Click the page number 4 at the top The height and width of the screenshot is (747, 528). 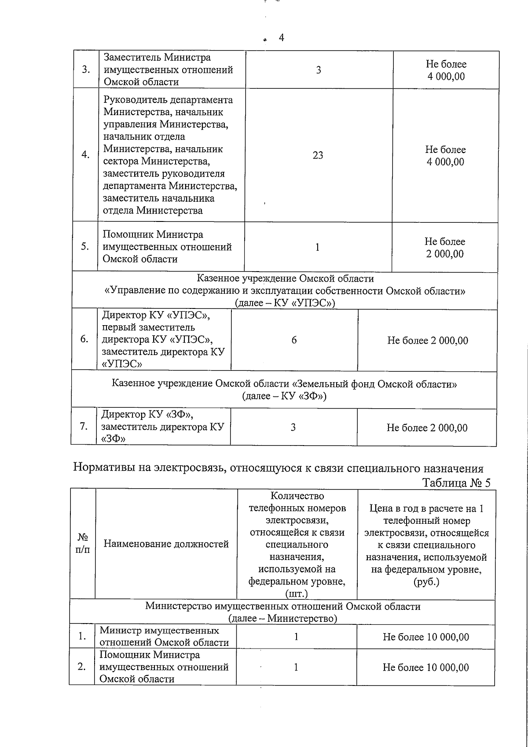pos(281,38)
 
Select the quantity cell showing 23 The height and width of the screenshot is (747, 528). pos(318,155)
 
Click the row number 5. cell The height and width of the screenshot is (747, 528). pos(85,247)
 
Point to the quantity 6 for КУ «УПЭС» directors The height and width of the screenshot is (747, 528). pos(294,340)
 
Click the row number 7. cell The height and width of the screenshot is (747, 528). pos(84,426)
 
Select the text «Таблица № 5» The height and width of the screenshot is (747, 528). pos(456,483)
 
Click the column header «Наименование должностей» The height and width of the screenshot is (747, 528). pos(166,544)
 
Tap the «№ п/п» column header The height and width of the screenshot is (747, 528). pos(83,544)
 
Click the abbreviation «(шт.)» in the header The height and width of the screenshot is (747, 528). pos(297,594)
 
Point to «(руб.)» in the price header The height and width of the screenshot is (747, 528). pos(426,582)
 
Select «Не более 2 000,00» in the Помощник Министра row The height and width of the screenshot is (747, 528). pos(444,248)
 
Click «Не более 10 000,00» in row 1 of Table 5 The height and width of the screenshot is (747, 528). pos(425,637)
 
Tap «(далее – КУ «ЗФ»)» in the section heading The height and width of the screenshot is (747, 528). pos(284,396)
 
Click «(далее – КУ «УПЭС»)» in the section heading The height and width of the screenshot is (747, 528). pos(285,303)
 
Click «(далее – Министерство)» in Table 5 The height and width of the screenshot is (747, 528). pos(282,618)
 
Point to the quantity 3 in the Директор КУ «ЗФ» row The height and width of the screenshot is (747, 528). pos(293,428)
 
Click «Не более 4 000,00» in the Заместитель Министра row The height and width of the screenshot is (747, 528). pos(446,70)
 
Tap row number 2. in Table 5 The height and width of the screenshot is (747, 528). pos(82,667)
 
